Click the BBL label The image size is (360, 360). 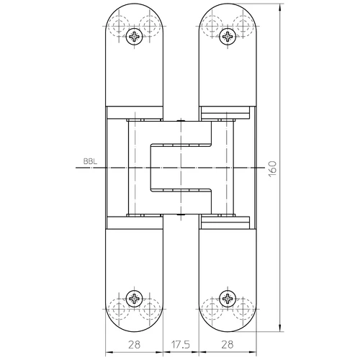pyautogui.click(x=90, y=161)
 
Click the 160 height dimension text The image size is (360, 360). pyautogui.click(x=272, y=169)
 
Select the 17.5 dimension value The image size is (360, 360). pyautogui.click(x=181, y=345)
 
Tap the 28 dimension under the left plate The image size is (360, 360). pyautogui.click(x=134, y=345)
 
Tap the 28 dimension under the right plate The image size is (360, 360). pyautogui.click(x=228, y=345)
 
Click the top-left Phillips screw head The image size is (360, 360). pyautogui.click(x=134, y=37)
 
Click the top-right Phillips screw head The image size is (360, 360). pyautogui.click(x=228, y=37)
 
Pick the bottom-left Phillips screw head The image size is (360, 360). pyautogui.click(x=134, y=299)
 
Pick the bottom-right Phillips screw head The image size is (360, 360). pyautogui.click(x=228, y=299)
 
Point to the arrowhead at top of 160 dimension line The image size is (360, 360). pyautogui.click(x=280, y=8)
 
